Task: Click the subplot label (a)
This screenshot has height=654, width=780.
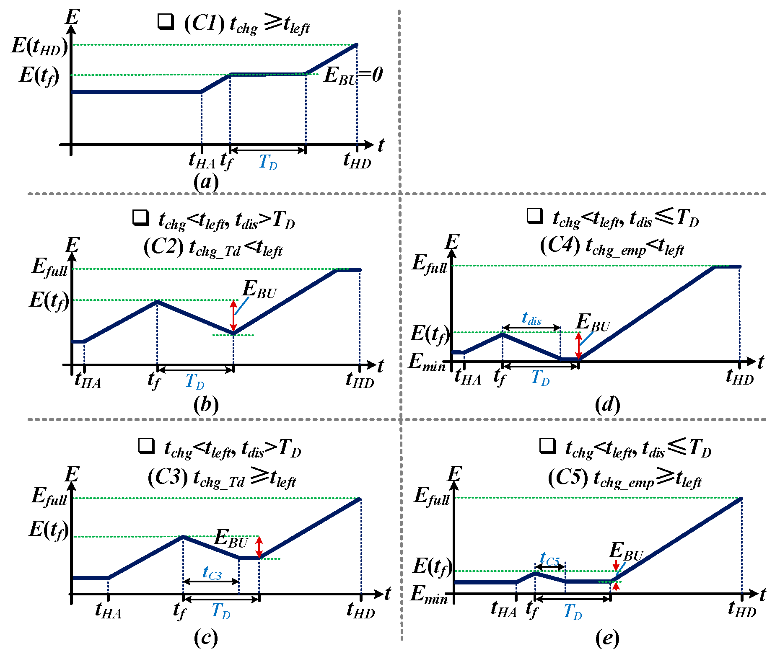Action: point(206,182)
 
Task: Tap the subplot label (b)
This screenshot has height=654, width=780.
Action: point(206,405)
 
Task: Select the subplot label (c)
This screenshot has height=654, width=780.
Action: point(206,637)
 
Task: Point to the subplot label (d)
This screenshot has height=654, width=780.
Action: point(607,405)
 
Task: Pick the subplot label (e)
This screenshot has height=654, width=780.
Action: point(607,638)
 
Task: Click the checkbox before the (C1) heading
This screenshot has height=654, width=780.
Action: point(166,21)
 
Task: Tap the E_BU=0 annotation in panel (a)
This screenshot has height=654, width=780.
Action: point(353,75)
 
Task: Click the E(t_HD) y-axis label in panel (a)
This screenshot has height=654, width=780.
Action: point(39,46)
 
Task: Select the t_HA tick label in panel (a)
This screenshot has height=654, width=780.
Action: point(202,160)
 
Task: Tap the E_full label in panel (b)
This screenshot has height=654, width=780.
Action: point(49,267)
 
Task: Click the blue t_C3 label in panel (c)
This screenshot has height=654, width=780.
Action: point(212,573)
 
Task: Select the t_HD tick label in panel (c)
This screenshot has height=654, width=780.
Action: point(360,610)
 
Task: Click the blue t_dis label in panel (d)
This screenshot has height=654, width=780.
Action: point(531,318)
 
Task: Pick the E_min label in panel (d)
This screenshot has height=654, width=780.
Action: point(428,362)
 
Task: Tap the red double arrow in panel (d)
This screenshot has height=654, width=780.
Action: point(579,346)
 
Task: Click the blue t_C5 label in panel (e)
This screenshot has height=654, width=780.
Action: point(549,559)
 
